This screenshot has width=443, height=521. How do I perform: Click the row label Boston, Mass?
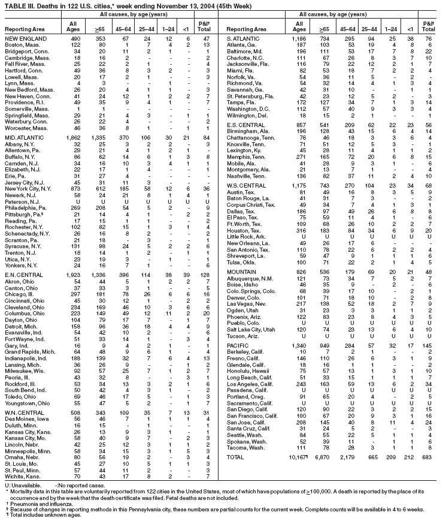(22, 45)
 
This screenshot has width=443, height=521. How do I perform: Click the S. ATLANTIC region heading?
(244, 37)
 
